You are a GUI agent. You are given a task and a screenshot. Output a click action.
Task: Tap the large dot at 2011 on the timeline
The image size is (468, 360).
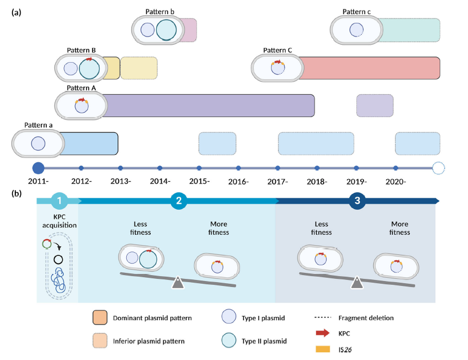pyautogui.click(x=38, y=168)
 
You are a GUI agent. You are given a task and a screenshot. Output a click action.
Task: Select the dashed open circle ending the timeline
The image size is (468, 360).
pyautogui.click(x=439, y=168)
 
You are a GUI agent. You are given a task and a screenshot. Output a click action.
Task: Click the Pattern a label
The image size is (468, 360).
pyautogui.click(x=39, y=125)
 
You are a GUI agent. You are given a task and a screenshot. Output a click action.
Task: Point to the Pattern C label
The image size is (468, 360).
pyautogui.click(x=278, y=51)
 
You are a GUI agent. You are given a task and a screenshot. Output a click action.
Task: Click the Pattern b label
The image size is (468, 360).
pyautogui.click(x=160, y=11)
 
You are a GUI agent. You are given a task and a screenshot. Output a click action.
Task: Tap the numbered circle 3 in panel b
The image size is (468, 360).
pyautogui.click(x=357, y=201)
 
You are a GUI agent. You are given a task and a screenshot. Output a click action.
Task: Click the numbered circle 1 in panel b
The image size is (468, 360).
pyautogui.click(x=59, y=201)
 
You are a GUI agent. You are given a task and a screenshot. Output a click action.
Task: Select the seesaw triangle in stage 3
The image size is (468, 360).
pyautogui.click(x=356, y=282)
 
